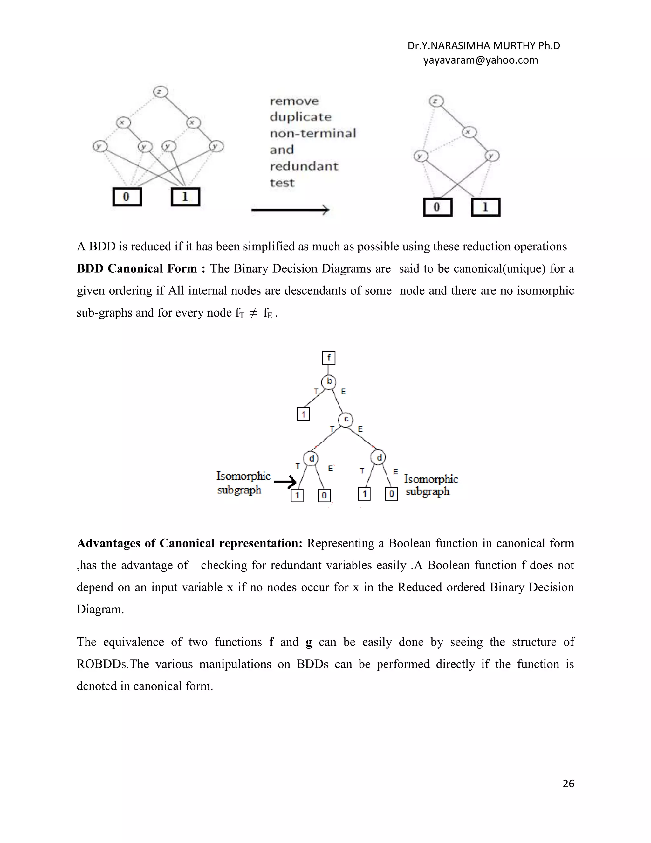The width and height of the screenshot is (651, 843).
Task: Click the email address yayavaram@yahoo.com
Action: pos(480,60)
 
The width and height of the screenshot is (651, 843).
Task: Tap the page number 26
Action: pos(568,783)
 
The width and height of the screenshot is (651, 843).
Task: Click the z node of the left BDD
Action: pos(160,92)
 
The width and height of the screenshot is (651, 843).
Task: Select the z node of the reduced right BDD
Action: pos(436,101)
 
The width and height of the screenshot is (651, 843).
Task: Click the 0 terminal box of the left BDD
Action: pos(127,197)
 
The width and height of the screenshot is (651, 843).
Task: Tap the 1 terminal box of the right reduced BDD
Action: pos(486,207)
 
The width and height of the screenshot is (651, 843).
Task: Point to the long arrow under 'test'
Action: pos(290,210)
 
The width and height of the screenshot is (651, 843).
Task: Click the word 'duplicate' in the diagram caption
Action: pos(300,117)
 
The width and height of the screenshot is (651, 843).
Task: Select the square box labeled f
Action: pos(329,358)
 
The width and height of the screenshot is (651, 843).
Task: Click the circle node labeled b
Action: pos(329,382)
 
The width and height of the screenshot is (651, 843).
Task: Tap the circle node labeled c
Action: pos(346,420)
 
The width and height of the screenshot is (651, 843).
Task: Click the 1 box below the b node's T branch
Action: pos(304,414)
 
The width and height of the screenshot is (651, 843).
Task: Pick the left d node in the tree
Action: pos(311,458)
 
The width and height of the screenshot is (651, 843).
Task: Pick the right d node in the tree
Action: pos(378,458)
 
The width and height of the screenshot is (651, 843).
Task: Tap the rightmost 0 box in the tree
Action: pos(391,494)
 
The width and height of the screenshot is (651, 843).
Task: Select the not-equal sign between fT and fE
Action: pos(253,313)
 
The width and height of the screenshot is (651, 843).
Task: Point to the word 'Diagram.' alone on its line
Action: pos(100,610)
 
